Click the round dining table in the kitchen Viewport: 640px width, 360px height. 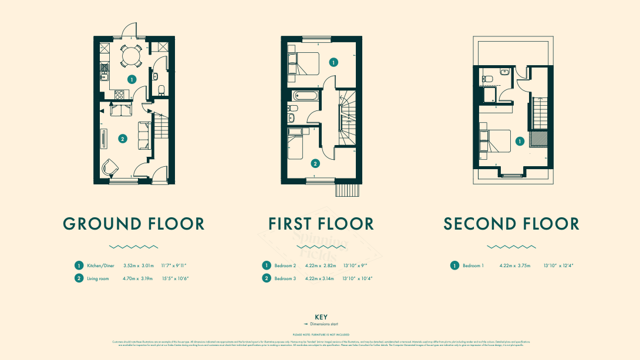[131, 57]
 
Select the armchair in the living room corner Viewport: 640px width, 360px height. [110, 167]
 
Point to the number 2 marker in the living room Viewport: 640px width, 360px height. [122, 139]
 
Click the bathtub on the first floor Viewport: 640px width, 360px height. [302, 95]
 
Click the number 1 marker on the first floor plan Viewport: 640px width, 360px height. [334, 62]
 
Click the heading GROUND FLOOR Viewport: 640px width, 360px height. [134, 224]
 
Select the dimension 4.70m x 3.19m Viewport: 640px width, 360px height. [138, 278]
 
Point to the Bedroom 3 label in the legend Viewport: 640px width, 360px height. [285, 278]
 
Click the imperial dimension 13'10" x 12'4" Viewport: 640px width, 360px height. [558, 265]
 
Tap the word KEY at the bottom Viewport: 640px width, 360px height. [321, 317]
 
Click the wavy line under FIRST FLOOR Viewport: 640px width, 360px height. [321, 247]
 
